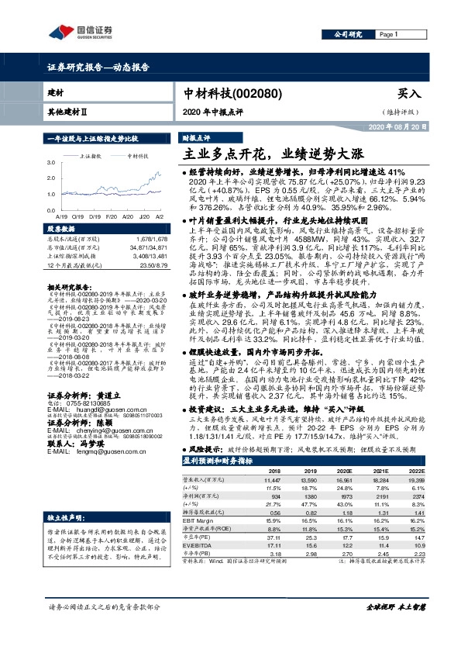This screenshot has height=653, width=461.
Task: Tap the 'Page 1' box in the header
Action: coord(389,35)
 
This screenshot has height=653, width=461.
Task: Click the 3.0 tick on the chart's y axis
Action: coord(52,162)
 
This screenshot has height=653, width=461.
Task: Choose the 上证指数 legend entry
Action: coord(92,155)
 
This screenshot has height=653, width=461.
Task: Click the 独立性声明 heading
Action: coord(65,494)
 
